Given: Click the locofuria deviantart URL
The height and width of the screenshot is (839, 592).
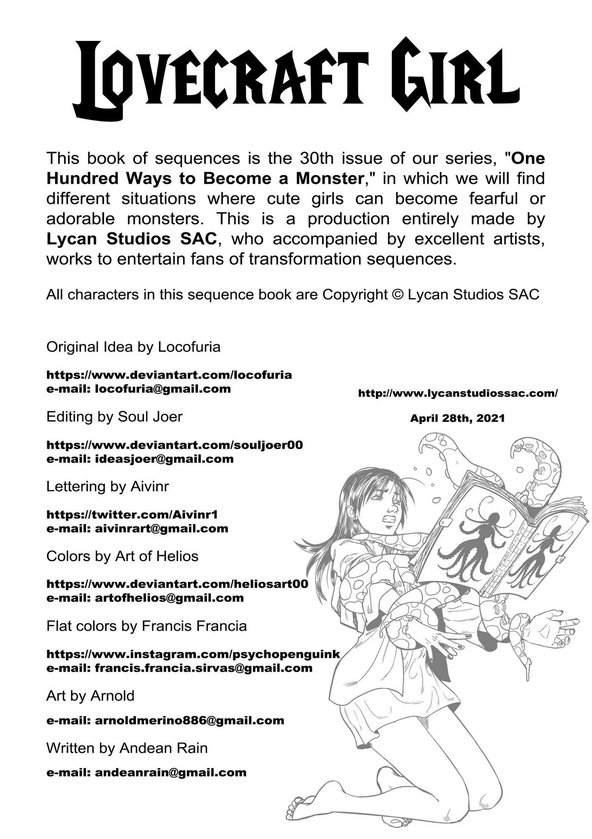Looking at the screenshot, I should click(169, 375).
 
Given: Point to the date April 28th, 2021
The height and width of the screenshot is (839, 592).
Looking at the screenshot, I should click(457, 418).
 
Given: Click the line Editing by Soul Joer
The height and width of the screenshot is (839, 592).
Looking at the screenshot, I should click(114, 417).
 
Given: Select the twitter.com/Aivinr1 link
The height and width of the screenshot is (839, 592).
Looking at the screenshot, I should click(132, 514).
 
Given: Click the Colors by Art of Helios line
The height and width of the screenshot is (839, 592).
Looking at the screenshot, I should click(122, 556).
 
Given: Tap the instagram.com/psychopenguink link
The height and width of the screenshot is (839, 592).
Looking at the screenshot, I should click(193, 654).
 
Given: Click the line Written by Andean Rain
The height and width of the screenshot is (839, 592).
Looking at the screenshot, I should click(127, 748).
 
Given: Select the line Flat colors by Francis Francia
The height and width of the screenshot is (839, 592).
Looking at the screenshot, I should click(146, 626).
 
